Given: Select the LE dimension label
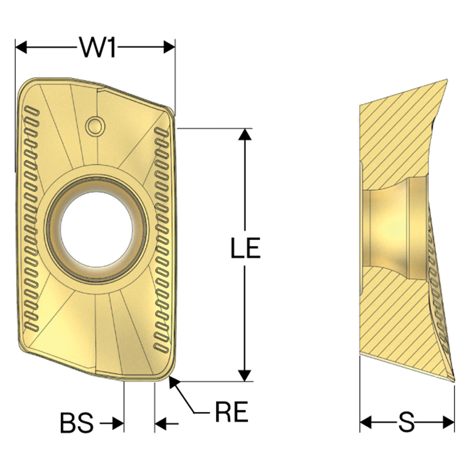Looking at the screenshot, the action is point(246,247).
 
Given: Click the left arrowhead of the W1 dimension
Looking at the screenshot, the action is point(21,47).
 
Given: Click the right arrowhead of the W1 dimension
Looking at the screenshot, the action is point(169,47).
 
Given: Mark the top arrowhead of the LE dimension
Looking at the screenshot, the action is point(245,134).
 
